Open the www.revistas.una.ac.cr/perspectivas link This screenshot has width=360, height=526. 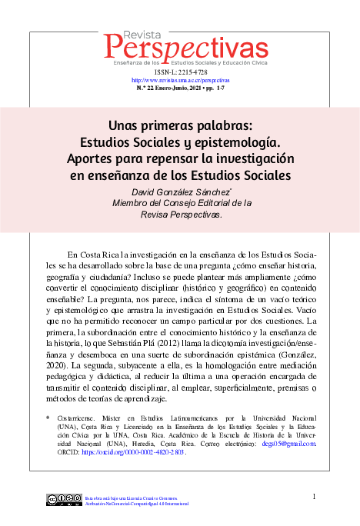point(180,79)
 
